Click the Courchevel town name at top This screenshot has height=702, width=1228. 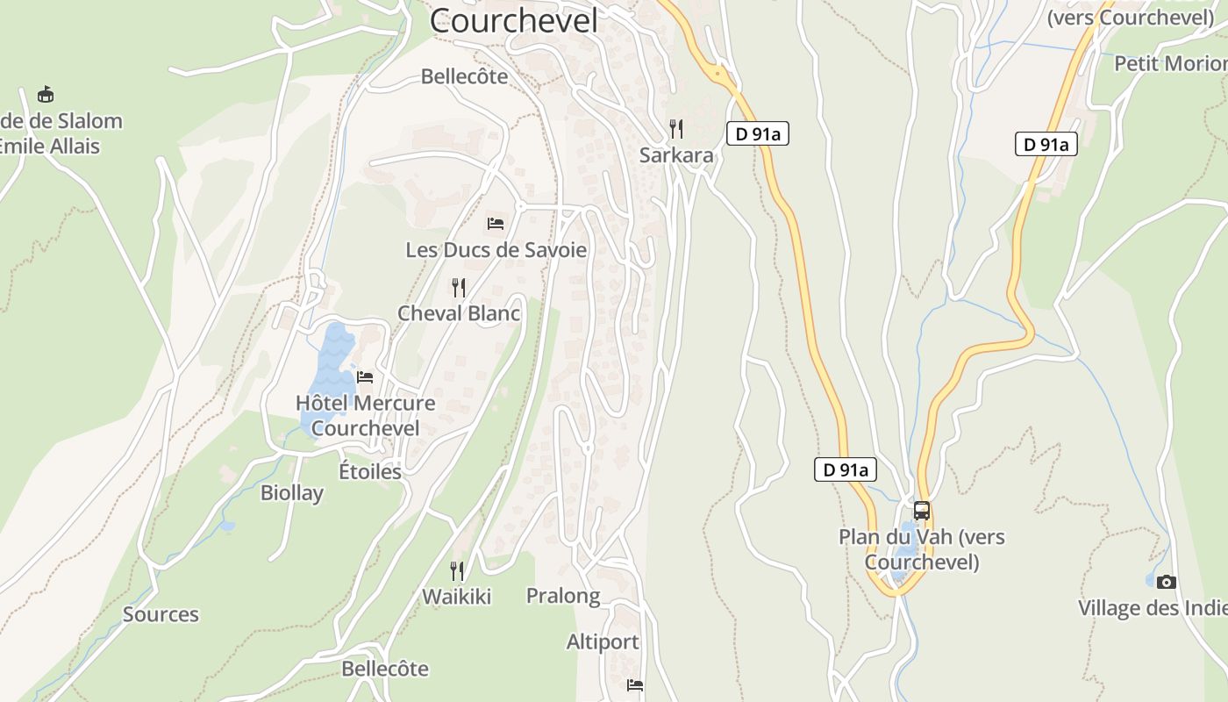pyautogui.click(x=514, y=20)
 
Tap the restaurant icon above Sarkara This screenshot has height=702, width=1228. pyautogui.click(x=676, y=129)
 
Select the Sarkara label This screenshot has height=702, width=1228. pyautogui.click(x=676, y=155)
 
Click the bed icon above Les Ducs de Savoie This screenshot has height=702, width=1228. pyautogui.click(x=496, y=224)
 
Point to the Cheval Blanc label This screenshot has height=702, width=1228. pyautogui.click(x=459, y=313)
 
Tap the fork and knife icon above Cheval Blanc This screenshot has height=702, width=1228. pyautogui.click(x=458, y=287)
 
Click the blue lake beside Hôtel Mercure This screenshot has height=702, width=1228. pyautogui.click(x=330, y=369)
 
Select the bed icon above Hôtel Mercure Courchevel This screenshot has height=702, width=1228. pyautogui.click(x=365, y=377)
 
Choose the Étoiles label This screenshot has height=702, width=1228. pyautogui.click(x=370, y=471)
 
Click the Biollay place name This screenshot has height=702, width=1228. pyautogui.click(x=292, y=492)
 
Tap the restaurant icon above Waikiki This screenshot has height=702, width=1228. pyautogui.click(x=457, y=571)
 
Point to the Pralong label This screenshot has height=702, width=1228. pyautogui.click(x=563, y=596)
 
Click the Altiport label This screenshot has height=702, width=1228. pyautogui.click(x=603, y=641)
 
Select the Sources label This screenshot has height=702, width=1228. pyautogui.click(x=161, y=614)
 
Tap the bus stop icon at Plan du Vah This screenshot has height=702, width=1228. pyautogui.click(x=921, y=510)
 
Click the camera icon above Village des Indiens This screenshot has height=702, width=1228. pyautogui.click(x=1166, y=582)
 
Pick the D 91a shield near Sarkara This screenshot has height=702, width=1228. pyautogui.click(x=758, y=134)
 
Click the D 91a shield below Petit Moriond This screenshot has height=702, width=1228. pyautogui.click(x=1046, y=145)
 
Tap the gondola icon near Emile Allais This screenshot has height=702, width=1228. pyautogui.click(x=46, y=94)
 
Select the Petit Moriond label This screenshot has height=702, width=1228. pyautogui.click(x=1170, y=63)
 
